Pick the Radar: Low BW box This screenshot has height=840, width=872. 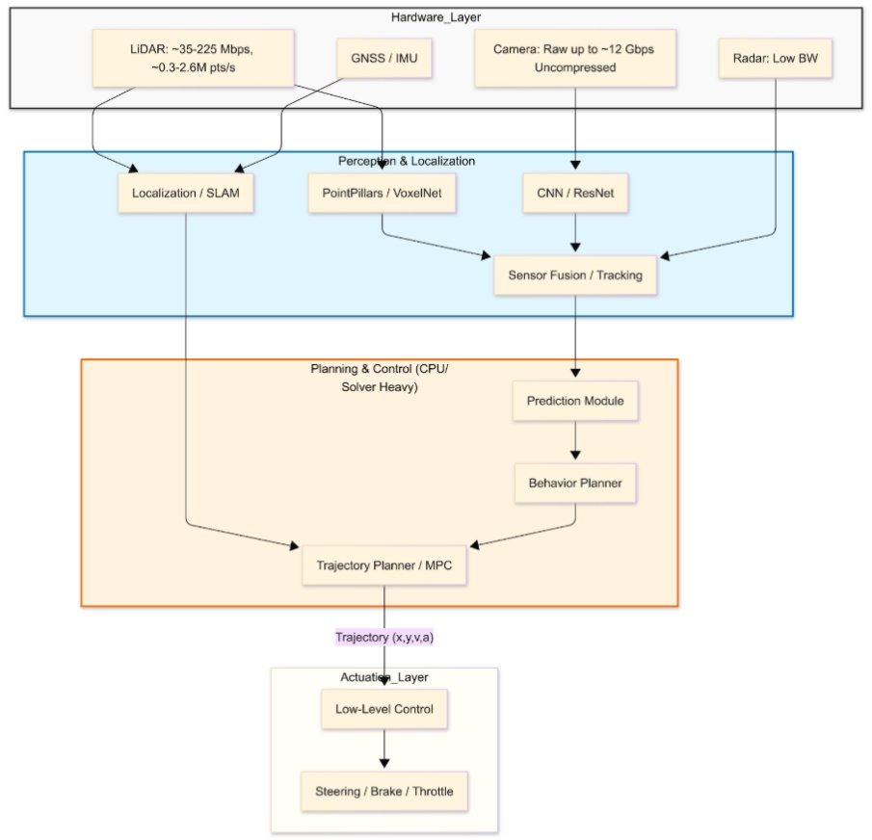[775, 59]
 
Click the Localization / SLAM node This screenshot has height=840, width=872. [186, 194]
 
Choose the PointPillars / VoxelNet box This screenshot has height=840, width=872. [383, 194]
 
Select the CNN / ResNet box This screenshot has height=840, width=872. [575, 194]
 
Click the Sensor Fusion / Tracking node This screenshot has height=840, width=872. [575, 276]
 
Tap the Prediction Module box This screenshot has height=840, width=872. [575, 400]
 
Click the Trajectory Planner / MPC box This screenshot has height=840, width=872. [384, 565]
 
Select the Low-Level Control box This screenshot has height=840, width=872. [384, 710]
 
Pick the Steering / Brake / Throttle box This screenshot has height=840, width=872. [384, 792]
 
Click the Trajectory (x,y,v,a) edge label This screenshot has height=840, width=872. [384, 637]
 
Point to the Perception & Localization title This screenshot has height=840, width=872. [407, 160]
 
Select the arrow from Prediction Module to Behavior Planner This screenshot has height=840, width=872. [575, 441]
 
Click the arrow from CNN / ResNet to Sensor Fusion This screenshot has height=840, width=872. [575, 234]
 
